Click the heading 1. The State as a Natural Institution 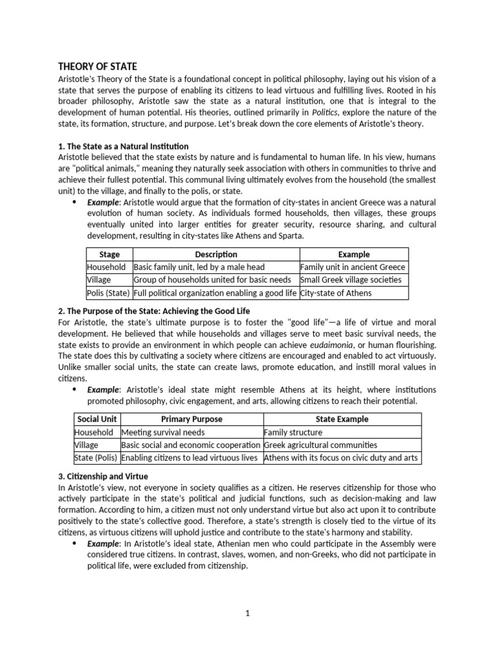[x=124, y=146]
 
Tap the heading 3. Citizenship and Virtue [x=106, y=476]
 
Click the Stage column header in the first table [x=109, y=254]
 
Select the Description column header [x=216, y=254]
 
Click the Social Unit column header [x=97, y=419]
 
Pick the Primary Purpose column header [x=191, y=419]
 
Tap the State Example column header [x=342, y=419]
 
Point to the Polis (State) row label [x=108, y=293]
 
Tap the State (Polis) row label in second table [x=97, y=458]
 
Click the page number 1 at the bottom [x=247, y=614]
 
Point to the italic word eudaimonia [x=363, y=344]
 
